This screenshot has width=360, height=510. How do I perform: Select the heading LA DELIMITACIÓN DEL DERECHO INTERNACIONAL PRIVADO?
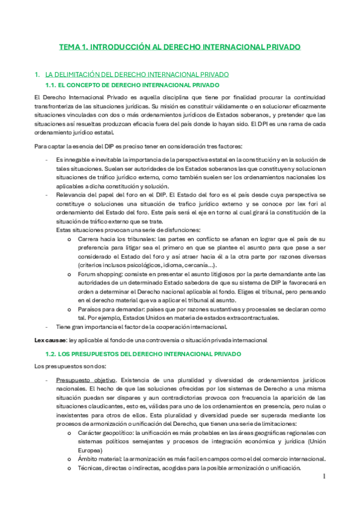137,75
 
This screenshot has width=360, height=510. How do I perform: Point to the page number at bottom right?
323,478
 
